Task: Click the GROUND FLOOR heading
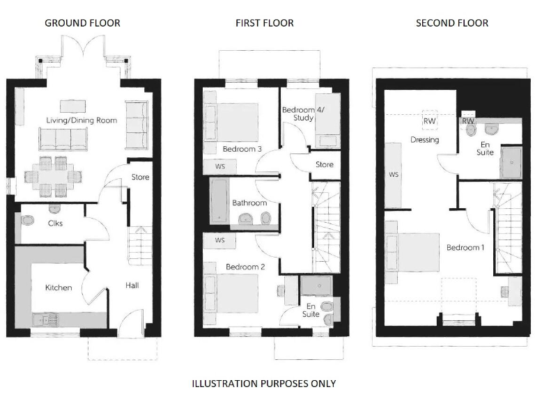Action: tap(82, 23)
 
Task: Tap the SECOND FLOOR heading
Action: tap(451, 23)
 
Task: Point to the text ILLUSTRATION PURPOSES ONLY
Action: tap(263, 384)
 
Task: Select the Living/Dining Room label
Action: tap(82, 120)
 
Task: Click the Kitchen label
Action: tap(59, 288)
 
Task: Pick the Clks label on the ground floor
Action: tap(56, 223)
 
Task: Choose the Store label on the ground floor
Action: tap(140, 178)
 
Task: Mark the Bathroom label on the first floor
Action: tap(249, 203)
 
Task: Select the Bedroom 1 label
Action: tap(465, 248)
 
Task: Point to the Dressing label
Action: tap(424, 140)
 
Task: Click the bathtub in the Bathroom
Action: tap(219, 201)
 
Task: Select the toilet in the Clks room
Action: tap(27, 221)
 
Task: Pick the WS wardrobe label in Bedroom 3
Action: tap(219, 166)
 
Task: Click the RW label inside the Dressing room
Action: tap(429, 120)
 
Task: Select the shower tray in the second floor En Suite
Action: tap(511, 161)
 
